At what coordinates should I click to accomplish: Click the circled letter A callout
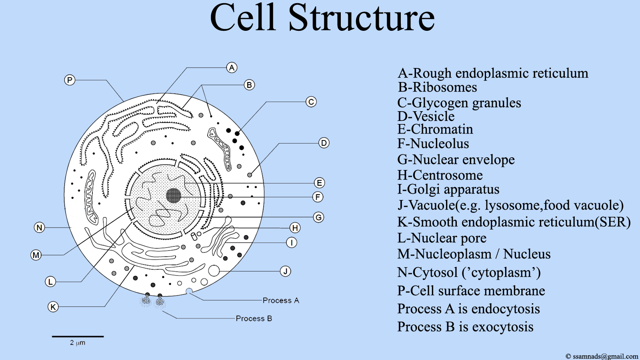tap(232, 68)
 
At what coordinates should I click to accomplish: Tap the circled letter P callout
tap(70, 80)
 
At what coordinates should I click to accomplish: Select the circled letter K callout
tap(53, 307)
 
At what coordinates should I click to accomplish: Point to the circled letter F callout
tap(318, 197)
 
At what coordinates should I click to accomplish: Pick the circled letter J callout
tap(285, 271)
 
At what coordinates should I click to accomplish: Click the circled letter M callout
tap(36, 255)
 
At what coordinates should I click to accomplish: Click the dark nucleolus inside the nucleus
tap(174, 196)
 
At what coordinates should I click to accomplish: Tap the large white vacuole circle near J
tap(214, 270)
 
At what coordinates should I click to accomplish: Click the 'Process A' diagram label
tap(281, 300)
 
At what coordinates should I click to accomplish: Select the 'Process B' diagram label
tap(254, 318)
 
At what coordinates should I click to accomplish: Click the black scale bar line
tap(78, 336)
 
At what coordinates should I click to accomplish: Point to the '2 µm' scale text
tap(78, 342)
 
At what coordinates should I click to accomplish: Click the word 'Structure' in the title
tap(362, 18)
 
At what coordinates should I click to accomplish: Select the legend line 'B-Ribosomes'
tap(438, 87)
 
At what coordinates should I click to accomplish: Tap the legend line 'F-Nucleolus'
tap(433, 144)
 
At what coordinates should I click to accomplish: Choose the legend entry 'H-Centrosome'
tap(440, 175)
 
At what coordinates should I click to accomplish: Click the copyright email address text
tap(606, 356)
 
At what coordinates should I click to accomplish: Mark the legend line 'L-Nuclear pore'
tap(442, 238)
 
